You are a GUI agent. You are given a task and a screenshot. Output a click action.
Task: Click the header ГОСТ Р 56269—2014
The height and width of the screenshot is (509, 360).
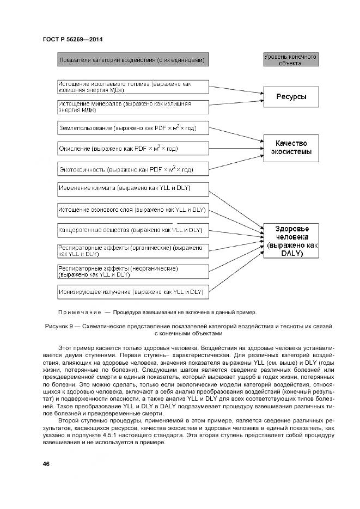click(x=72, y=39)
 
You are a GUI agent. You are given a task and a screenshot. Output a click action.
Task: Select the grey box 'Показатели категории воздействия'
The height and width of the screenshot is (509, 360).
click(x=132, y=60)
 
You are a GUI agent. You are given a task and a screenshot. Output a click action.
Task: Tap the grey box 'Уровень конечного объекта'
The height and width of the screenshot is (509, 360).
click(x=290, y=60)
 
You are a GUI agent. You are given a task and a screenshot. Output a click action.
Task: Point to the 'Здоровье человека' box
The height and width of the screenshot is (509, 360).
click(x=291, y=241)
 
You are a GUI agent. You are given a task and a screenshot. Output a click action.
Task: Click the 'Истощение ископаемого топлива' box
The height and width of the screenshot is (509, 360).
click(x=133, y=87)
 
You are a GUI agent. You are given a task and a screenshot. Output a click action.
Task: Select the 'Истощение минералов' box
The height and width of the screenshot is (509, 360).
click(x=133, y=107)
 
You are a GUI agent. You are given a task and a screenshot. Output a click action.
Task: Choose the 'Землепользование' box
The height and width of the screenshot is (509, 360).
click(x=133, y=128)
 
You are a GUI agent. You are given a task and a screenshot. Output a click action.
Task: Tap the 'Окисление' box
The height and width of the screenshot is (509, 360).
click(x=133, y=149)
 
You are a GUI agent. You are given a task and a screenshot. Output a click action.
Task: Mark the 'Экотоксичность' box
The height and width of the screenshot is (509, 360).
click(x=133, y=169)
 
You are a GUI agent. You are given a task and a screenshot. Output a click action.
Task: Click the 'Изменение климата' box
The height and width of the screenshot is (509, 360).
click(x=133, y=189)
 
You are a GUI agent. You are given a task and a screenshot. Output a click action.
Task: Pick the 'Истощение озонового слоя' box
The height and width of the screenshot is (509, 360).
click(x=133, y=210)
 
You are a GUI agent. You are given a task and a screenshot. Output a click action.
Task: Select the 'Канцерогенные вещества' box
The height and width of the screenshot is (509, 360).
click(x=133, y=230)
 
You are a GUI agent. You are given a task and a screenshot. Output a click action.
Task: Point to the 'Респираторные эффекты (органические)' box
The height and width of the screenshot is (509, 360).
click(x=133, y=250)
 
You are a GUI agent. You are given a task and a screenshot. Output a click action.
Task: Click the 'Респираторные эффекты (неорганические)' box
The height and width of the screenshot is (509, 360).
click(x=133, y=271)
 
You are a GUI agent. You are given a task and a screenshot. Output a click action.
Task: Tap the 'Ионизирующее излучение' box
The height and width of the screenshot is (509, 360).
click(x=133, y=292)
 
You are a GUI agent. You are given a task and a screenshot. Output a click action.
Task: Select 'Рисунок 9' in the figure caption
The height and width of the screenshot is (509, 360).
click(x=57, y=326)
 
